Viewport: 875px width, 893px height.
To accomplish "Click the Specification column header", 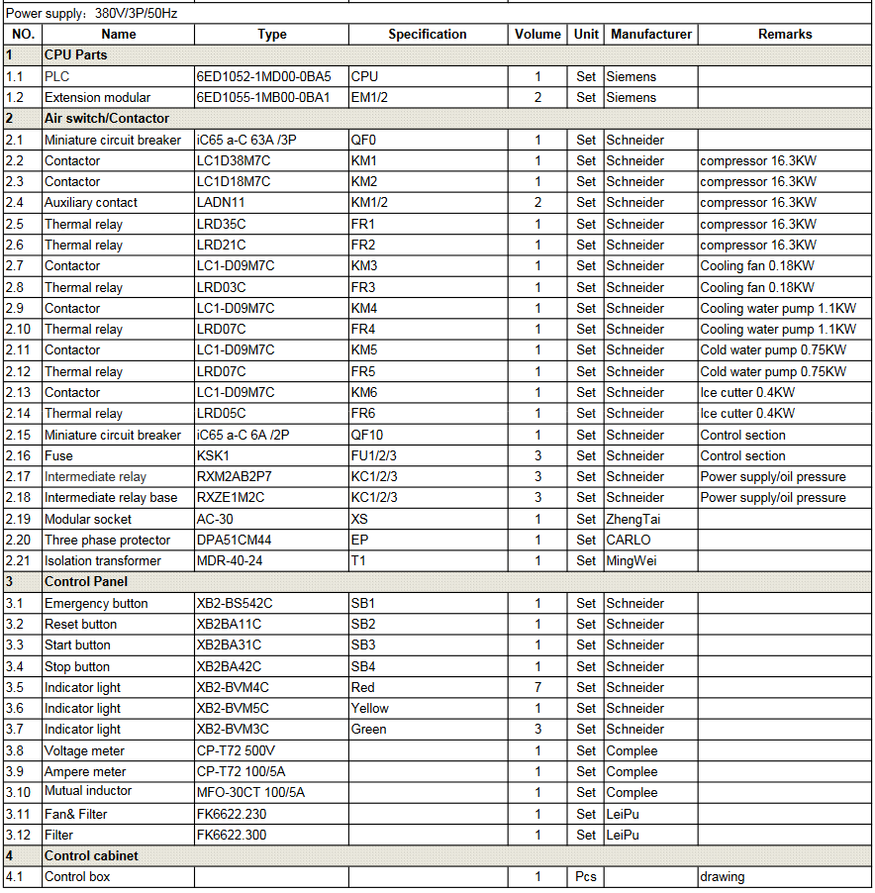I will click(x=428, y=34).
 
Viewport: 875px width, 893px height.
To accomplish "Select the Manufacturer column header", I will click(x=650, y=34).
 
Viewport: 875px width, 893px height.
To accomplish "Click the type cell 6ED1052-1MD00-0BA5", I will click(x=263, y=76).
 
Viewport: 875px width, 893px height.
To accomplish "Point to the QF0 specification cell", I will click(x=364, y=140).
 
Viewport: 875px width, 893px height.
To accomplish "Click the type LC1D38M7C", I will click(x=234, y=160).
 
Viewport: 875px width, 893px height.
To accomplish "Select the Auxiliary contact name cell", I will click(x=91, y=203).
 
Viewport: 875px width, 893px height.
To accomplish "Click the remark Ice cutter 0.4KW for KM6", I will click(x=747, y=392).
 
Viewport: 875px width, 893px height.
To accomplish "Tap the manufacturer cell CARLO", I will click(x=629, y=540).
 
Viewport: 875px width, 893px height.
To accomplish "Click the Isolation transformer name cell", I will click(x=102, y=561).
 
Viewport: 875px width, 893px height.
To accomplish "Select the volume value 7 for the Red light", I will click(x=537, y=687).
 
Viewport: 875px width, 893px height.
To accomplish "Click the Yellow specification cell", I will click(x=370, y=708).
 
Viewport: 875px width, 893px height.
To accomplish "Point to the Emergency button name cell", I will click(x=96, y=603).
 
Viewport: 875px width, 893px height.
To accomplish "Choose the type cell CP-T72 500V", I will click(x=236, y=750).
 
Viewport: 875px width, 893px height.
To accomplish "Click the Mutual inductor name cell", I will click(x=88, y=791).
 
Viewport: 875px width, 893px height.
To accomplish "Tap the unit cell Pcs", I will click(x=586, y=876).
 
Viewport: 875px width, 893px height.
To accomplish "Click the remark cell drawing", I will click(x=722, y=876).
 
